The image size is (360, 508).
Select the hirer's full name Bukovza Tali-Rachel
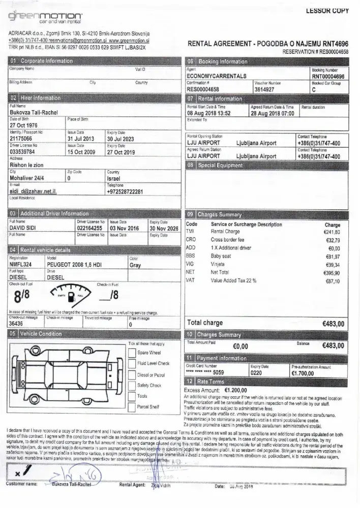pos(34,112)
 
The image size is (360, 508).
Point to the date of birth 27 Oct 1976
pos(24,125)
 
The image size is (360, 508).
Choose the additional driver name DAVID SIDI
pos(26,228)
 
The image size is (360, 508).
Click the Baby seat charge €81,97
pos(332,256)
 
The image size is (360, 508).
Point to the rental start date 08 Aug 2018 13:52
pos(209,113)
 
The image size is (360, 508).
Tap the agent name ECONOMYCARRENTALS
pos(214,75)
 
